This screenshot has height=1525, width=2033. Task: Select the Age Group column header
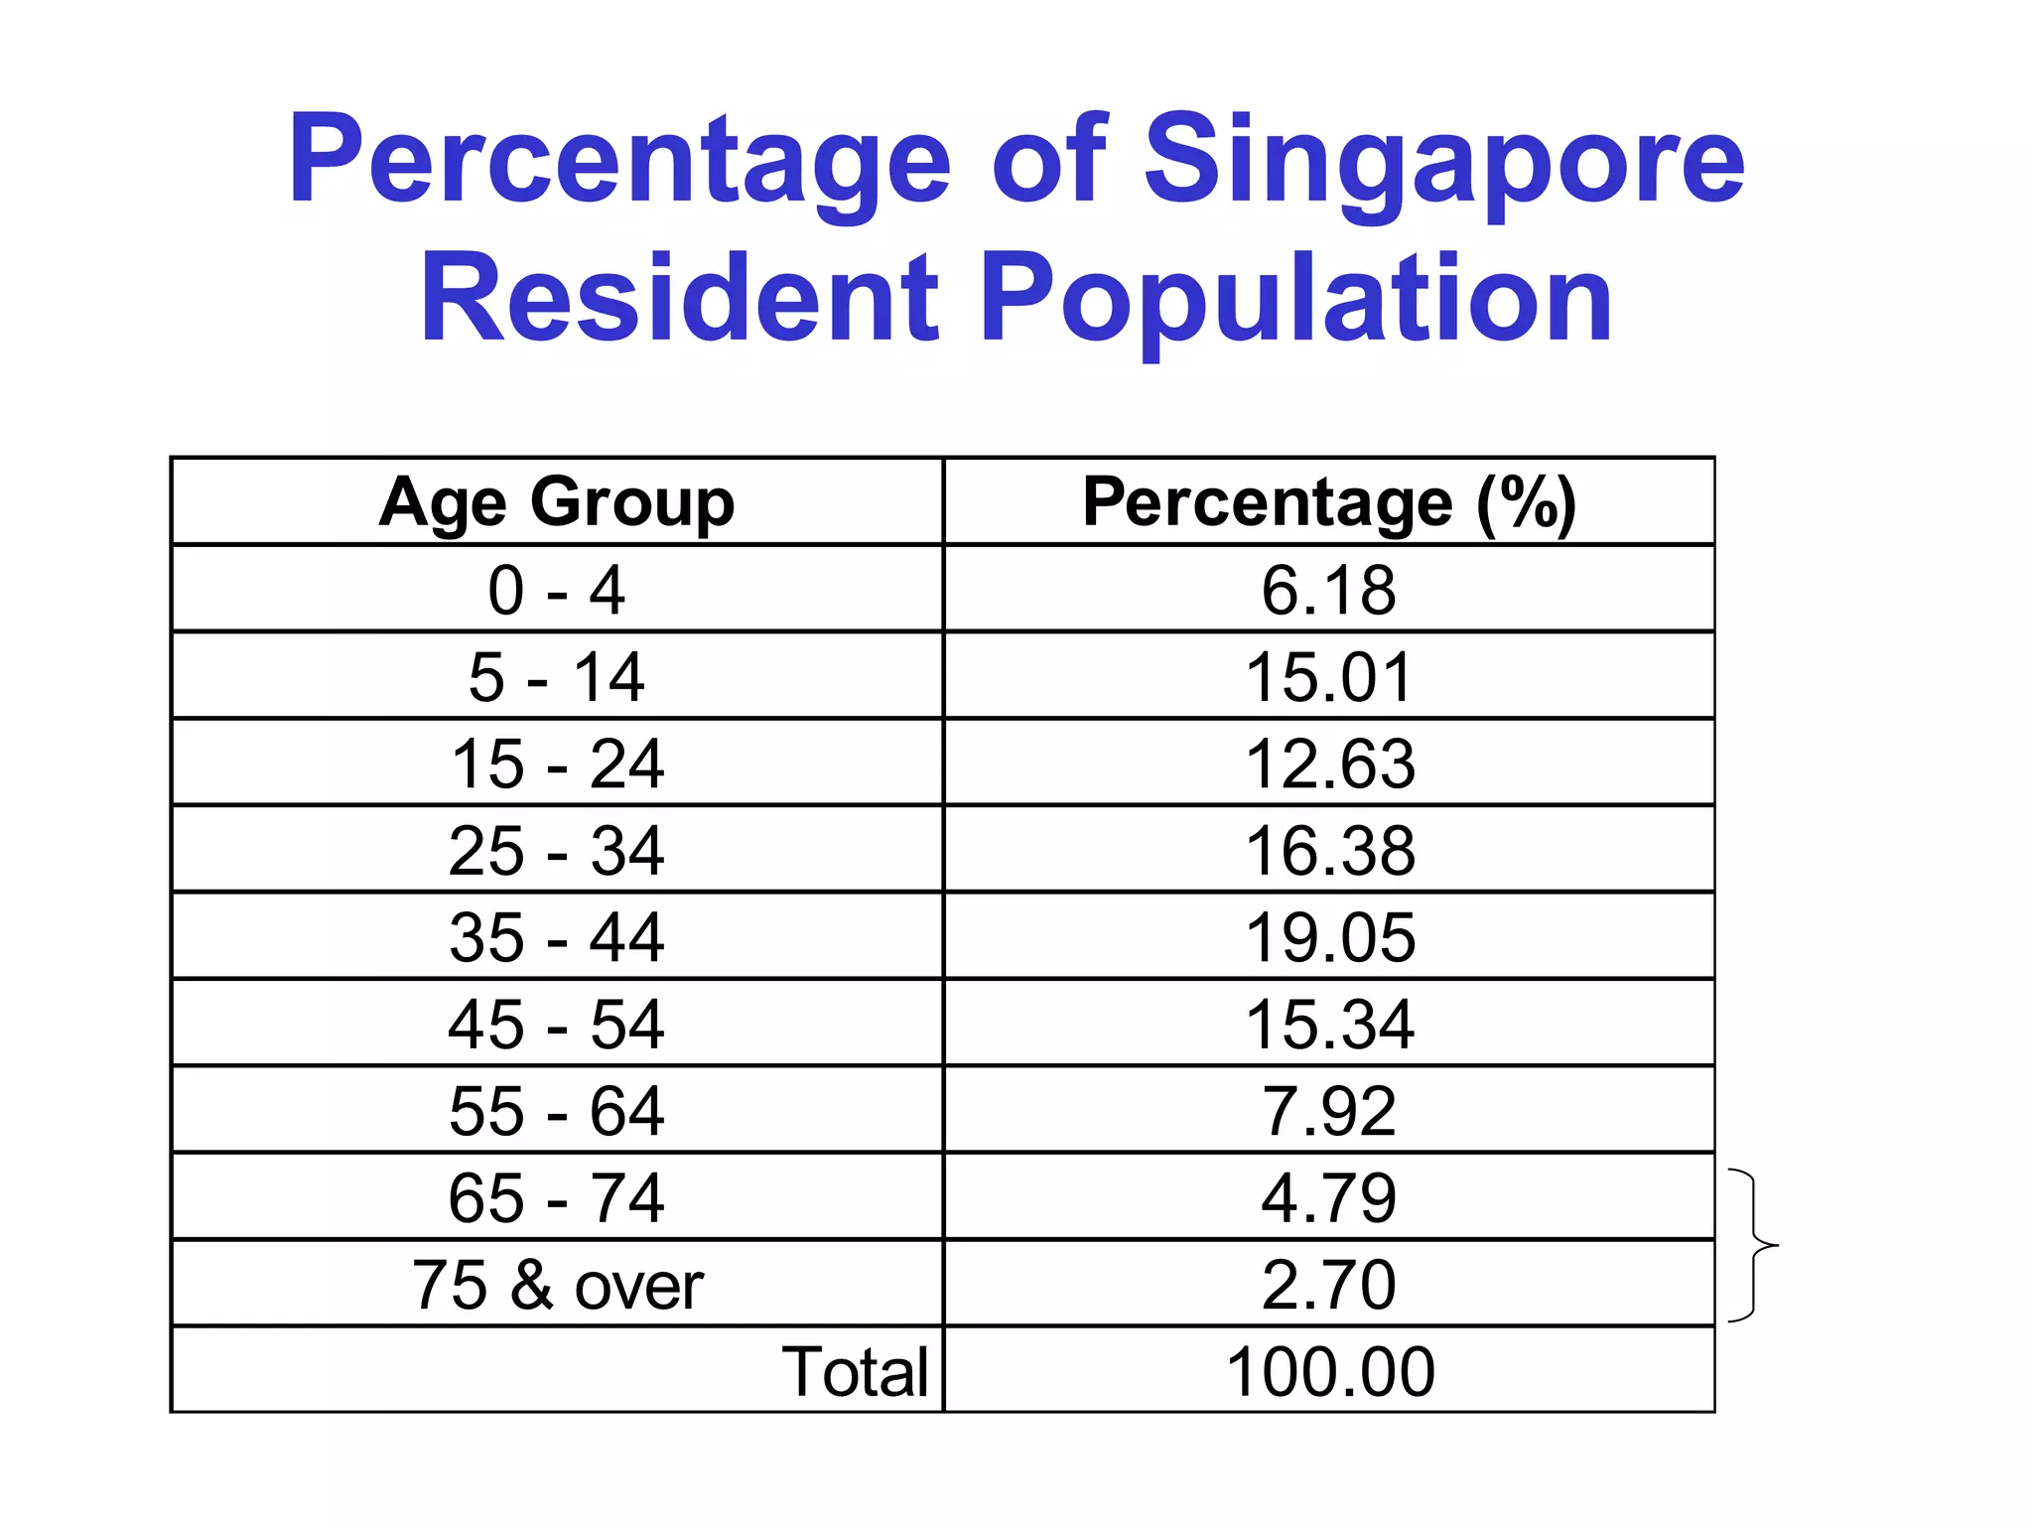pyautogui.click(x=557, y=501)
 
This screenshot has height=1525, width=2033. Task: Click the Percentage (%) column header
pyautogui.click(x=1328, y=501)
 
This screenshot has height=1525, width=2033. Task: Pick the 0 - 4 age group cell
pyautogui.click(x=557, y=590)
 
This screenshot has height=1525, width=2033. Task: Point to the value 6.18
pyautogui.click(x=1328, y=590)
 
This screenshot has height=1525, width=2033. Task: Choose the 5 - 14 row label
pyautogui.click(x=557, y=677)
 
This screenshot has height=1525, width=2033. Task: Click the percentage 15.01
pyautogui.click(x=1328, y=677)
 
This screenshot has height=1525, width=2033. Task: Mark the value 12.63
pyautogui.click(x=1328, y=763)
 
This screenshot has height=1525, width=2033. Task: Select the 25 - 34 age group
pyautogui.click(x=557, y=851)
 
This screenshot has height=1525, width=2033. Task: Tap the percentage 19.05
pyautogui.click(x=1328, y=937)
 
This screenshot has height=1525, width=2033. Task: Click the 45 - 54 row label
pyautogui.click(x=557, y=1024)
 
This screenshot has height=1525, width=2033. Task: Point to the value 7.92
pyautogui.click(x=1328, y=1110)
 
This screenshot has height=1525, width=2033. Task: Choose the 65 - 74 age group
pyautogui.click(x=557, y=1197)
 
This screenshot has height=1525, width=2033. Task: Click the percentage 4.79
pyautogui.click(x=1328, y=1197)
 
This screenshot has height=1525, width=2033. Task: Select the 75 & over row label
pyautogui.click(x=557, y=1285)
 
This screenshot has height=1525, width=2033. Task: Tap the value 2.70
pyautogui.click(x=1328, y=1285)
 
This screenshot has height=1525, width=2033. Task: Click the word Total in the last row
pyautogui.click(x=855, y=1371)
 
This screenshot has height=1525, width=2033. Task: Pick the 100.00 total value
pyautogui.click(x=1328, y=1371)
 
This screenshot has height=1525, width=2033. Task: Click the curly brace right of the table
pyautogui.click(x=1754, y=1245)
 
